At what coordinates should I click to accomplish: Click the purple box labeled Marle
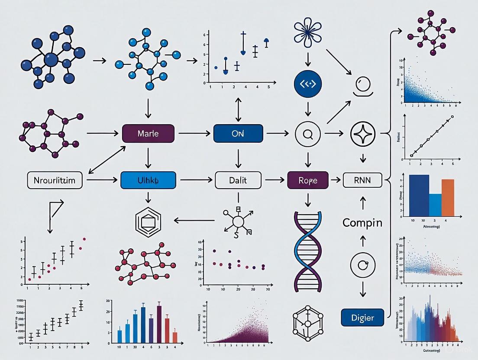coord(148,134)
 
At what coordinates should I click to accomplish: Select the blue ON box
coord(238,134)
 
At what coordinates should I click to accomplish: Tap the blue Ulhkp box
coord(148,180)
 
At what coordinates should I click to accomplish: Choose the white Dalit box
coord(238,180)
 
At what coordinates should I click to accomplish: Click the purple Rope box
coord(308,180)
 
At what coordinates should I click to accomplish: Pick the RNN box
coord(362,180)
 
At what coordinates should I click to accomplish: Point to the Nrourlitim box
coord(55,180)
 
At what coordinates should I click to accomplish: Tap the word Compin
coord(362,223)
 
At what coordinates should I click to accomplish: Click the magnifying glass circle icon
coord(308,134)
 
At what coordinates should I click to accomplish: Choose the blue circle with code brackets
coord(308,84)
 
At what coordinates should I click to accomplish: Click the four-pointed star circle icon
coord(362,134)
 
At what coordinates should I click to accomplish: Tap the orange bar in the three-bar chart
coord(448,197)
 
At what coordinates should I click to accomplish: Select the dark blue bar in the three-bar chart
coord(419,195)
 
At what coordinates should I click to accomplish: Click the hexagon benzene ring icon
coord(148,221)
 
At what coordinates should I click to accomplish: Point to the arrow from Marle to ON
coord(194,134)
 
